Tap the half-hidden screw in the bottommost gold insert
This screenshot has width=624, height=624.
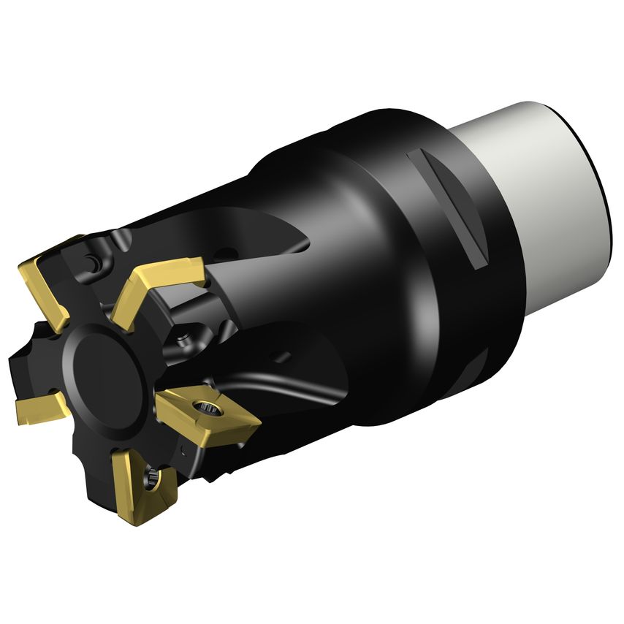(x=153, y=479)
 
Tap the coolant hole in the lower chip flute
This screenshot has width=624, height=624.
(x=278, y=357)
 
